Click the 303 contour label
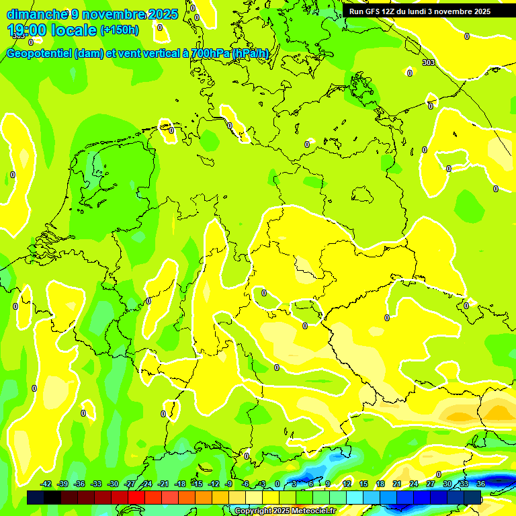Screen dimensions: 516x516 point(429,62)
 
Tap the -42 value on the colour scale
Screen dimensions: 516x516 point(46,484)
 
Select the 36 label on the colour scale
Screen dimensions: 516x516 point(481,484)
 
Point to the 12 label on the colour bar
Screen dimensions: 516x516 point(347,484)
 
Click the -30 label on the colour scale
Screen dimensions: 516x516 point(114,484)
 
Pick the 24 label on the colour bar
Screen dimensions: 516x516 point(414,484)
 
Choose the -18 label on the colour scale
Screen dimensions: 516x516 point(180,484)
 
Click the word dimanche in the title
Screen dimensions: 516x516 point(37,14)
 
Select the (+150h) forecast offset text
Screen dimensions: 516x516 point(120,30)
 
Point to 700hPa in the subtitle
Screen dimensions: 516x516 point(210,54)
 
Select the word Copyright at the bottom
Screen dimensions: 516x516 point(253,511)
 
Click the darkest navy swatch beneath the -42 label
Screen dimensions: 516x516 point(36,497)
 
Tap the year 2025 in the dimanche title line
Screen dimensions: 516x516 point(163,14)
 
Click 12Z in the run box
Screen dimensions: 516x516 point(390,11)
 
